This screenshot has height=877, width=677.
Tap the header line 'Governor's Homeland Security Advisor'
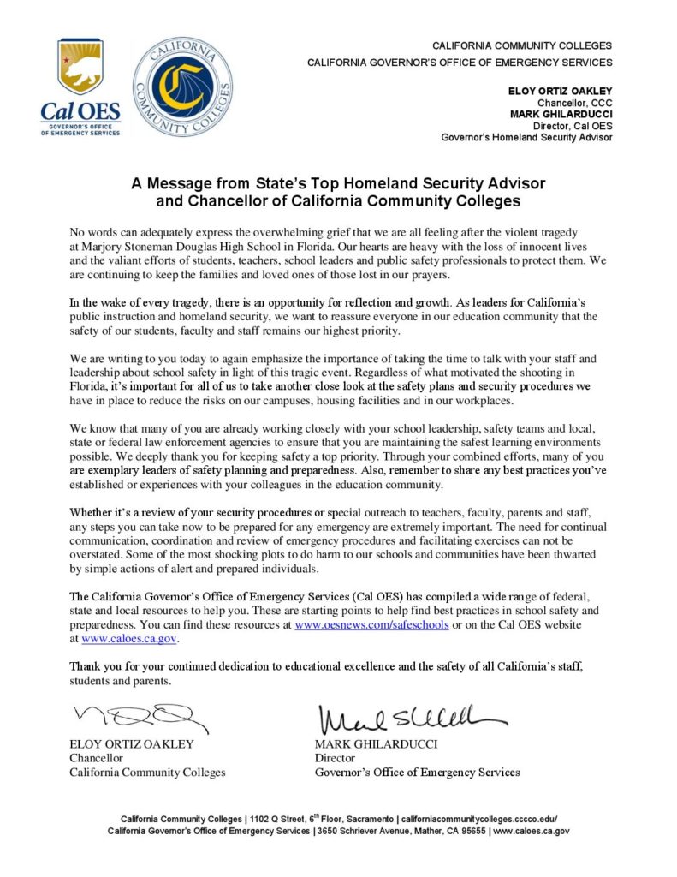(526, 137)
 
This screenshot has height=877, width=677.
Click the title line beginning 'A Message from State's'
(338, 183)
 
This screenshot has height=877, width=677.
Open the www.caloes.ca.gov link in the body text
(130, 638)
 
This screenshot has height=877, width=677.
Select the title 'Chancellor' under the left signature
(96, 758)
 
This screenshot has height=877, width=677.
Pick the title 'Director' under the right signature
(336, 758)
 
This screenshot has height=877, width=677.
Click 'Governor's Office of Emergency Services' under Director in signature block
(417, 772)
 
